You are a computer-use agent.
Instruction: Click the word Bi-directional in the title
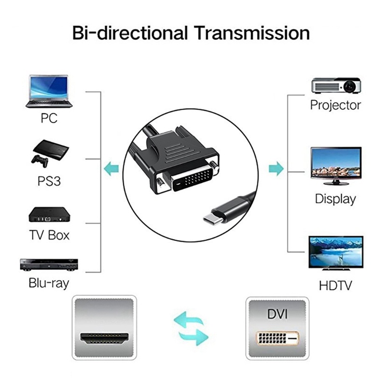coord(130,33)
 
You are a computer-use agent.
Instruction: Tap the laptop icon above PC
coord(49,91)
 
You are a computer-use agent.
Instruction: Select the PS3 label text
coord(49,181)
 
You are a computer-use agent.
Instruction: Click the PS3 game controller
coord(40,160)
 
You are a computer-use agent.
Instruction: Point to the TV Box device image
coord(49,214)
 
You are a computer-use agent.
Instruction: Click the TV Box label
coord(49,235)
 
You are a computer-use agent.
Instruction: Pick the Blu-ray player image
coord(49,264)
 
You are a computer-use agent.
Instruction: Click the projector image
coord(336,85)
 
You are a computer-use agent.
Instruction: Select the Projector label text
coord(335,105)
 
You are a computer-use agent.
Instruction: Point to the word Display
coord(335,198)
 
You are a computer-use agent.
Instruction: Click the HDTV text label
coord(335,285)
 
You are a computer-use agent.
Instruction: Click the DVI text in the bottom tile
coord(276,315)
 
